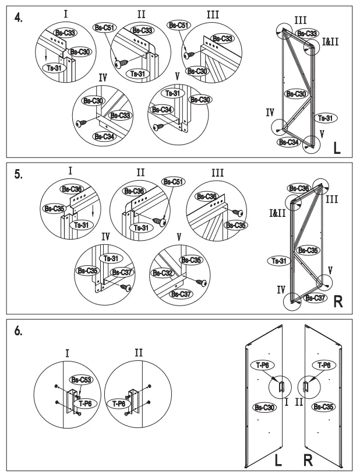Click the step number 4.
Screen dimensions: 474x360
pos(19,17)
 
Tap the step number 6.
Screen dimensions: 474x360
pos(19,330)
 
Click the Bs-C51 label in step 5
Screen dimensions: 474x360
pos(172,182)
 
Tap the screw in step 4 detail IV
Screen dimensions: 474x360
pos(82,123)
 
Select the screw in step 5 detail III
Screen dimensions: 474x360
pos(238,213)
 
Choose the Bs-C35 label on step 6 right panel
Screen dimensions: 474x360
pos(322,406)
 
